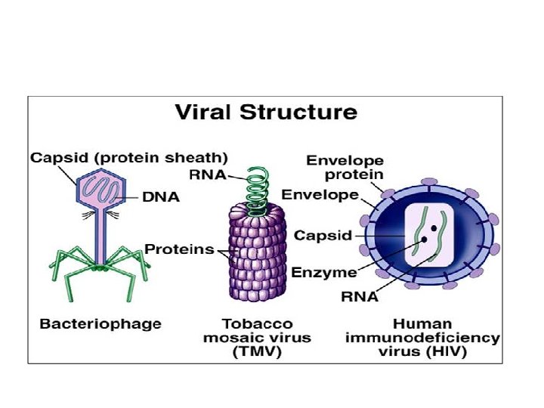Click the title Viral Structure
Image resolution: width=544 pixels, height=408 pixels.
[x=266, y=113]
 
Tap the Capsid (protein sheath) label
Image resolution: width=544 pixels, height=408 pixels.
[x=128, y=158]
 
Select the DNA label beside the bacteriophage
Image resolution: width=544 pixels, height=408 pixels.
[x=161, y=197]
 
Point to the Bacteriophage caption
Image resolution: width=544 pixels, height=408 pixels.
[x=100, y=323]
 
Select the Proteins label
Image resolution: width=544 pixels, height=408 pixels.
[x=179, y=249]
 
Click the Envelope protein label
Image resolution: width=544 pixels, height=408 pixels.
[x=345, y=167]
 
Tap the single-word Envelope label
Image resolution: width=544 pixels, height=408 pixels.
[x=321, y=195]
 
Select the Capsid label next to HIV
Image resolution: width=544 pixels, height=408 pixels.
[x=323, y=235]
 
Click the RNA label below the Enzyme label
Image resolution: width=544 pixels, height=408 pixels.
[x=360, y=297]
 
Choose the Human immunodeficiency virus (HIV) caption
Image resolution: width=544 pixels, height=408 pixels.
[x=422, y=337]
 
